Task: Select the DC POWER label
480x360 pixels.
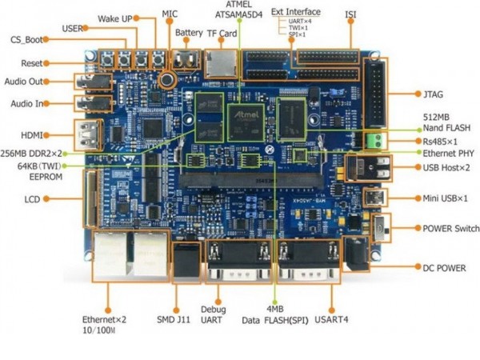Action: coord(444,267)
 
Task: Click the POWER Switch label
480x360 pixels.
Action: coord(450,228)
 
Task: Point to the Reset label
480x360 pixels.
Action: coord(31,62)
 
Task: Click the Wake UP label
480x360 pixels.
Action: coord(116,18)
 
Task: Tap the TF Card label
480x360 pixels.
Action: coord(222,34)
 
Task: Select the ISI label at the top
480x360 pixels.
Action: coord(350,14)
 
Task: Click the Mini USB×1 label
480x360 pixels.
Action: coord(445,198)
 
